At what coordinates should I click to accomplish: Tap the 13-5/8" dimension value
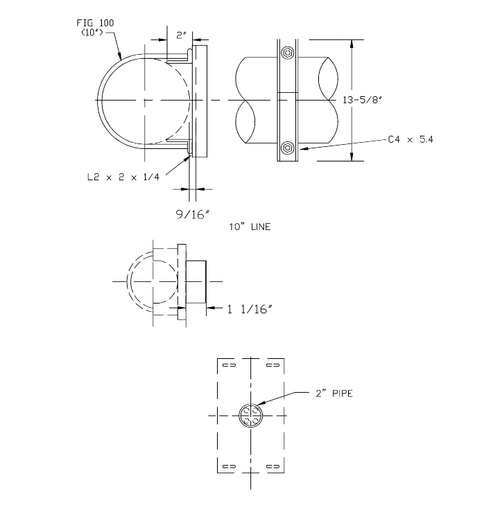click(361, 100)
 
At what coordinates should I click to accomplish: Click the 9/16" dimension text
click(194, 214)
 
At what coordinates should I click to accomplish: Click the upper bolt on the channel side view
click(287, 53)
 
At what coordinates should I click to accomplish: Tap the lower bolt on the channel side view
click(287, 148)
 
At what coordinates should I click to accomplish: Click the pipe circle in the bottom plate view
click(250, 416)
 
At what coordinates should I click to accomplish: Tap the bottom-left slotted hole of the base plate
click(229, 465)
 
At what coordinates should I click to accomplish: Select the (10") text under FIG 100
click(92, 32)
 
